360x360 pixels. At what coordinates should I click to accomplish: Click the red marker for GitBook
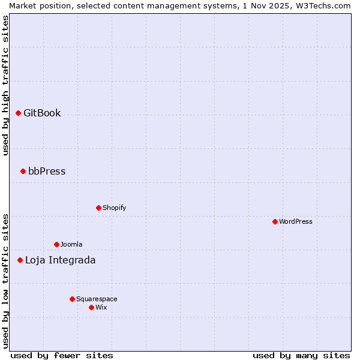point(18,113)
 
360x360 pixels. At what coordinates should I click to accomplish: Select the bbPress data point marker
point(23,171)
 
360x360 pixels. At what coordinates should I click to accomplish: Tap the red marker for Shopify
point(98,208)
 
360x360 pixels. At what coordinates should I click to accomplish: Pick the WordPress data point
point(275,221)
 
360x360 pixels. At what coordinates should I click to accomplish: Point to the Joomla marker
point(56,244)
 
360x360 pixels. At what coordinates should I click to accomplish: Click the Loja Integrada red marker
point(20,260)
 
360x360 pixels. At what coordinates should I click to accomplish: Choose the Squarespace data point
point(72,299)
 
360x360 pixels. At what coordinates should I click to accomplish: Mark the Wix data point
point(91,307)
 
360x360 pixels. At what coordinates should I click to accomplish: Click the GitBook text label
point(42,113)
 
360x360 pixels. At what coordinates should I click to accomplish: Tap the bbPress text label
point(47,171)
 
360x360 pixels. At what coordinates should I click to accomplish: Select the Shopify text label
point(114,208)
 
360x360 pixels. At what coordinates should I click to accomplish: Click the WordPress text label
point(295,221)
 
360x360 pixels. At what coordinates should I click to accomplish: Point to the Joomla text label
point(71,244)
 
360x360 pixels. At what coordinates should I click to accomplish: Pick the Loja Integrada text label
point(60,260)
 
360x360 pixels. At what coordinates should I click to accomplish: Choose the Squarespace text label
point(97,299)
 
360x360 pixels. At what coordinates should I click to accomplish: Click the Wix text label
point(101,307)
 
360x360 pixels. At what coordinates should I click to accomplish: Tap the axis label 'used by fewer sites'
point(62,355)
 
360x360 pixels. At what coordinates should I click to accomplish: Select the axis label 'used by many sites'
point(301,355)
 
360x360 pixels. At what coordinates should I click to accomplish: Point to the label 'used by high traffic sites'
point(5,85)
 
